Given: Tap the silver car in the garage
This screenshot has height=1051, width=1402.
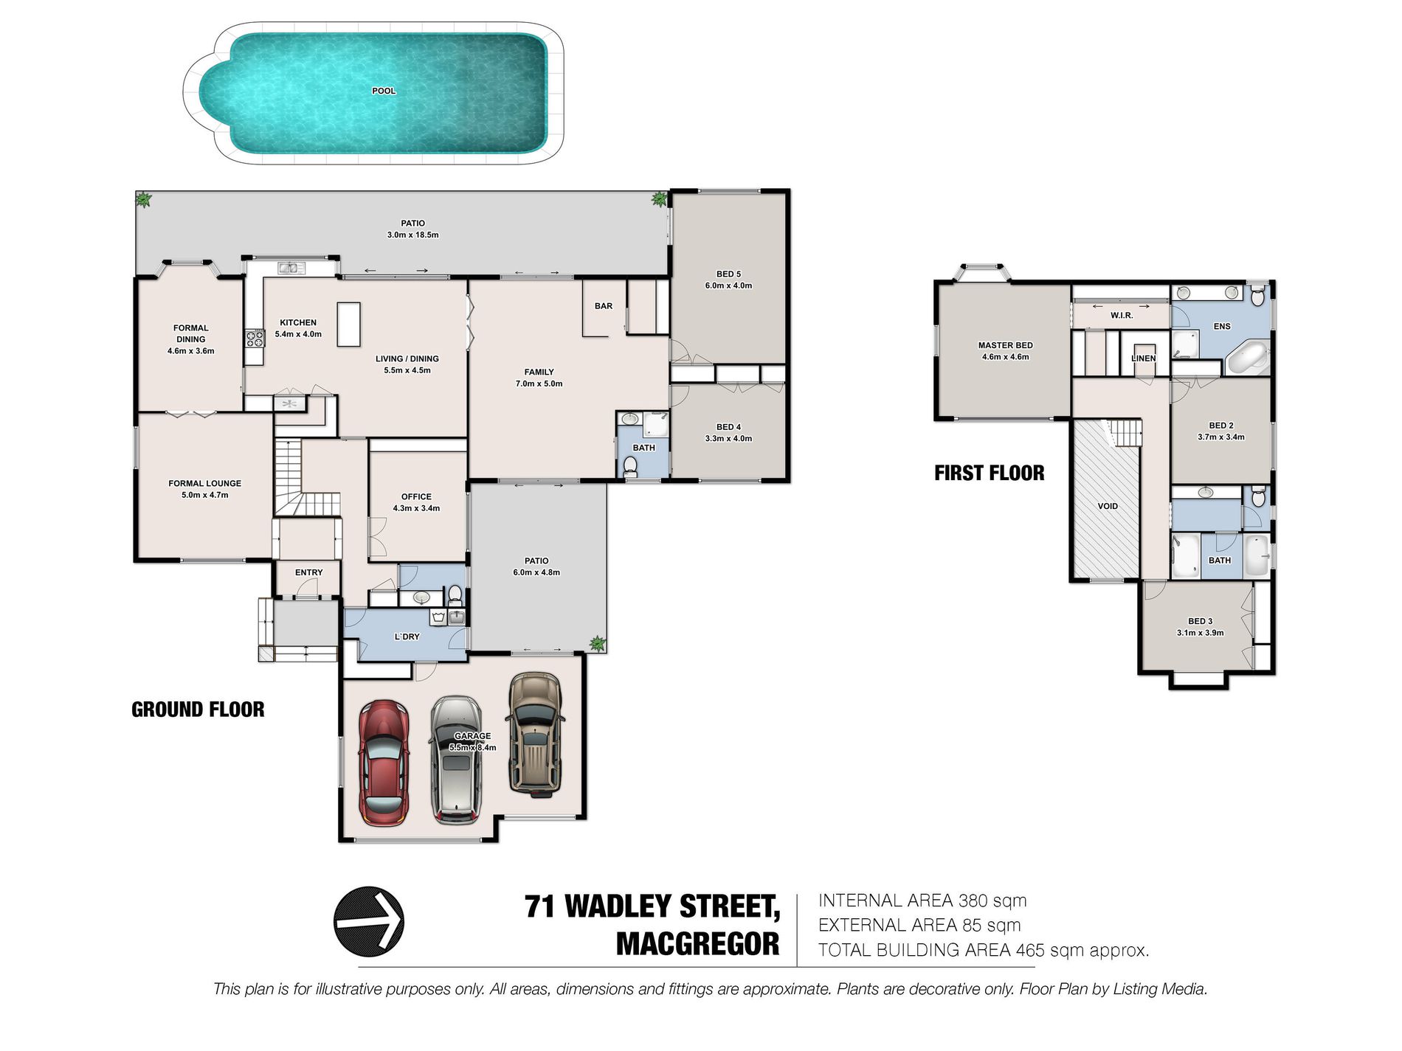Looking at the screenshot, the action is coord(456,760).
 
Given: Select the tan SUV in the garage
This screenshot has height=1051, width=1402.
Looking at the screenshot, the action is coord(535,735).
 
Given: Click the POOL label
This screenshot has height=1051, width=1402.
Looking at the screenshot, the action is coord(384,91).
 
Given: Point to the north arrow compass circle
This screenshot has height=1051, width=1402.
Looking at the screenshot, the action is coord(369,921).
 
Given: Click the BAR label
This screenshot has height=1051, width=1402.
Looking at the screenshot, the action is coord(604,306).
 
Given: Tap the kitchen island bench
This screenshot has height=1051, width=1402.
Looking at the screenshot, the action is coord(349,325).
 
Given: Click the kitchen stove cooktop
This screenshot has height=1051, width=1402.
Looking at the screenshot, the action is coord(255,339).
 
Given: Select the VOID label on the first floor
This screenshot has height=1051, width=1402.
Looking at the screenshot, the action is coord(1108,506).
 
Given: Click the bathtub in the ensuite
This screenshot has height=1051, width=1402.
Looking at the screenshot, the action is coord(1248,358).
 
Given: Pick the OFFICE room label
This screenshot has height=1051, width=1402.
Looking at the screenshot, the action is coord(416,496).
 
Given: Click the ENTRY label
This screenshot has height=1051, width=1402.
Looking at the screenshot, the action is coord(308,572).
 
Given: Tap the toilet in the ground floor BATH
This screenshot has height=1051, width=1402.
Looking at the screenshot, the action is coord(631,466).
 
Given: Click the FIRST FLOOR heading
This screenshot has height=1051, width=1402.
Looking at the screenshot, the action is coord(989,474).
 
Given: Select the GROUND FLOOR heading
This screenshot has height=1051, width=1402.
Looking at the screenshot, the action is coord(198,710).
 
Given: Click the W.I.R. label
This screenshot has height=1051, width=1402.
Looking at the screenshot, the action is coord(1122,316).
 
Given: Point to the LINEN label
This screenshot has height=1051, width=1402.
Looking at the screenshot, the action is coord(1144,358).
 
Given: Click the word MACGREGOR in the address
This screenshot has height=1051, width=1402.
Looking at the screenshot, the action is coord(697,944).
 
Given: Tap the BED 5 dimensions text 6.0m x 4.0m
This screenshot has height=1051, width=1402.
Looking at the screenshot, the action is coord(728,285).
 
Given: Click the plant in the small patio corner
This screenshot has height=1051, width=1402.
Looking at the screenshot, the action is coord(597,643).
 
